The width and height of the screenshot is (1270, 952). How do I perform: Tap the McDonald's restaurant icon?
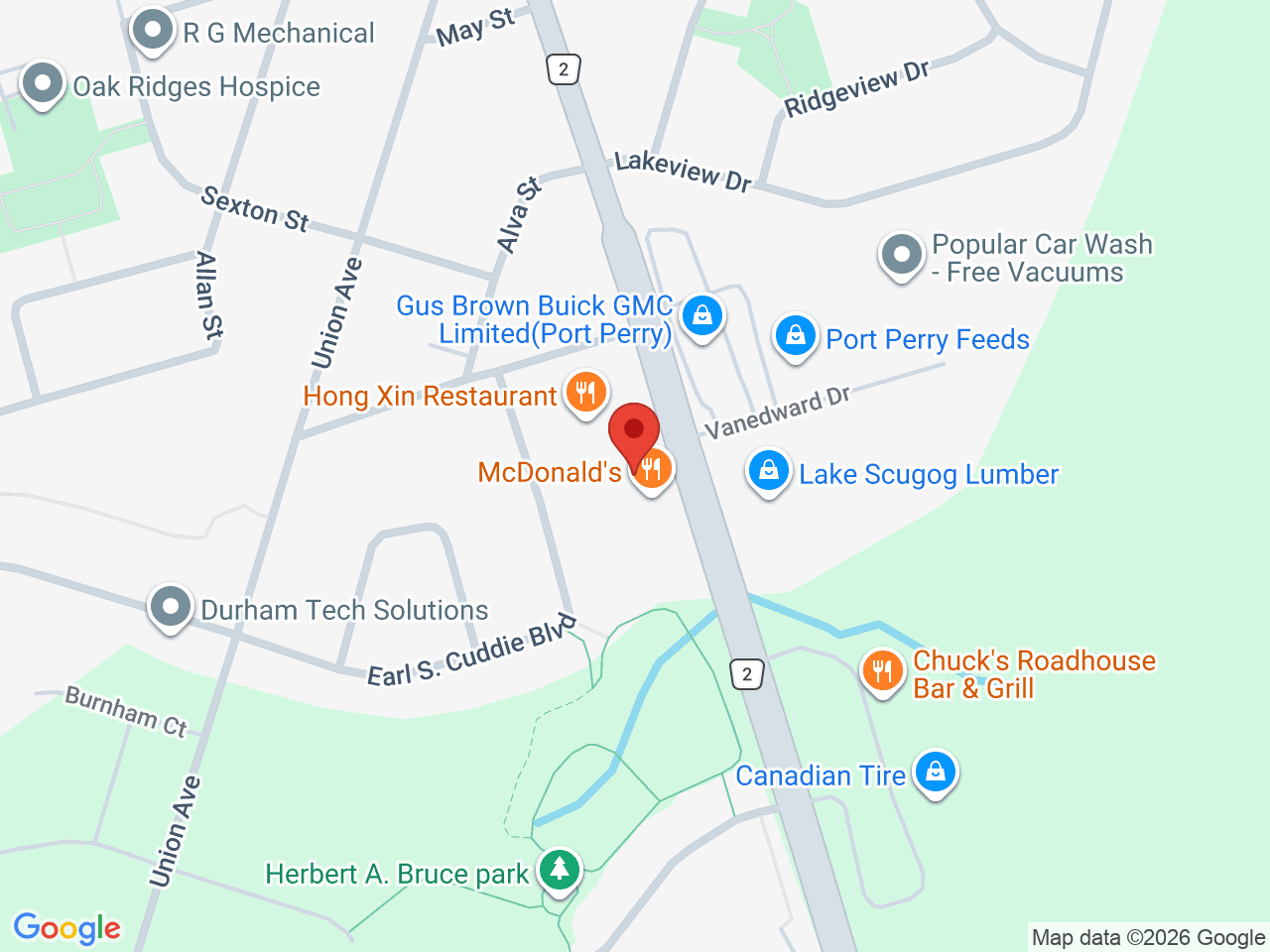tap(651, 468)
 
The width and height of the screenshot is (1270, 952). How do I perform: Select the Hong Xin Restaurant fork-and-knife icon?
tap(585, 392)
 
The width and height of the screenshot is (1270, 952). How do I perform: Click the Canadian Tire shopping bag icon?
tap(935, 771)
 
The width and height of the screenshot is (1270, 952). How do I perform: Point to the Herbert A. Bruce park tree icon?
tap(560, 869)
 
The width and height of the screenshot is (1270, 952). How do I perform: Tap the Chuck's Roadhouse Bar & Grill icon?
tap(881, 671)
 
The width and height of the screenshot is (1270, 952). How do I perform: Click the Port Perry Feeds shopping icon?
tap(795, 336)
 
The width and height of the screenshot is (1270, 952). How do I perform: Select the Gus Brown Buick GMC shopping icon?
tap(702, 316)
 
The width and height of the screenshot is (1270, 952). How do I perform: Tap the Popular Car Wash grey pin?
tap(902, 255)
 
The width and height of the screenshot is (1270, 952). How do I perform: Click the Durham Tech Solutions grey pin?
tap(171, 605)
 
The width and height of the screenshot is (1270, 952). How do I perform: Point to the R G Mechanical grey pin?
tap(153, 29)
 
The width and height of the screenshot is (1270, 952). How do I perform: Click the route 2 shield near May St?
tap(564, 68)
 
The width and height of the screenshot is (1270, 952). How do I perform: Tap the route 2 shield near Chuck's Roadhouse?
tap(747, 674)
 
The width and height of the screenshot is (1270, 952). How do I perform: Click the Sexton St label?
tap(255, 209)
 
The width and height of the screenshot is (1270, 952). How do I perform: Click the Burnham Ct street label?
tap(126, 711)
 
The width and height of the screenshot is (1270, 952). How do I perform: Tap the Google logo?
tap(66, 928)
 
